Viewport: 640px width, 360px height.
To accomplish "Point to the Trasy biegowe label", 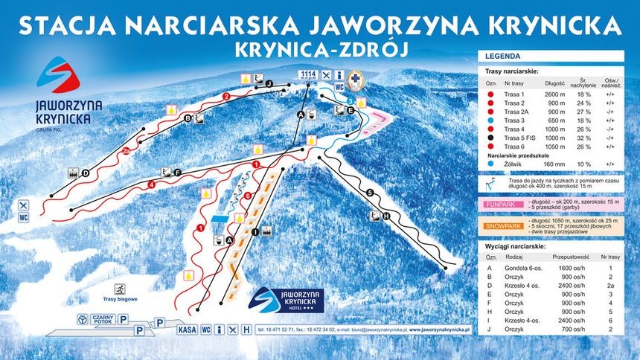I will point(118,299).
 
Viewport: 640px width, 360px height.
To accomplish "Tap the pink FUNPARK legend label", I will point(500,202).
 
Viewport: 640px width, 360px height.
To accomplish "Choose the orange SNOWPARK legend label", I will point(500,225).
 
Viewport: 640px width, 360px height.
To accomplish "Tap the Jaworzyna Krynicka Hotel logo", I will point(286,303).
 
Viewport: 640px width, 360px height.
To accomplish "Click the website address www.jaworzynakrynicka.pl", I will point(422,328).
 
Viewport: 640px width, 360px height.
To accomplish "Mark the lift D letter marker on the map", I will point(85,173).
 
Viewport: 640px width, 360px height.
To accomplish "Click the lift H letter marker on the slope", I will point(385,217).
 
